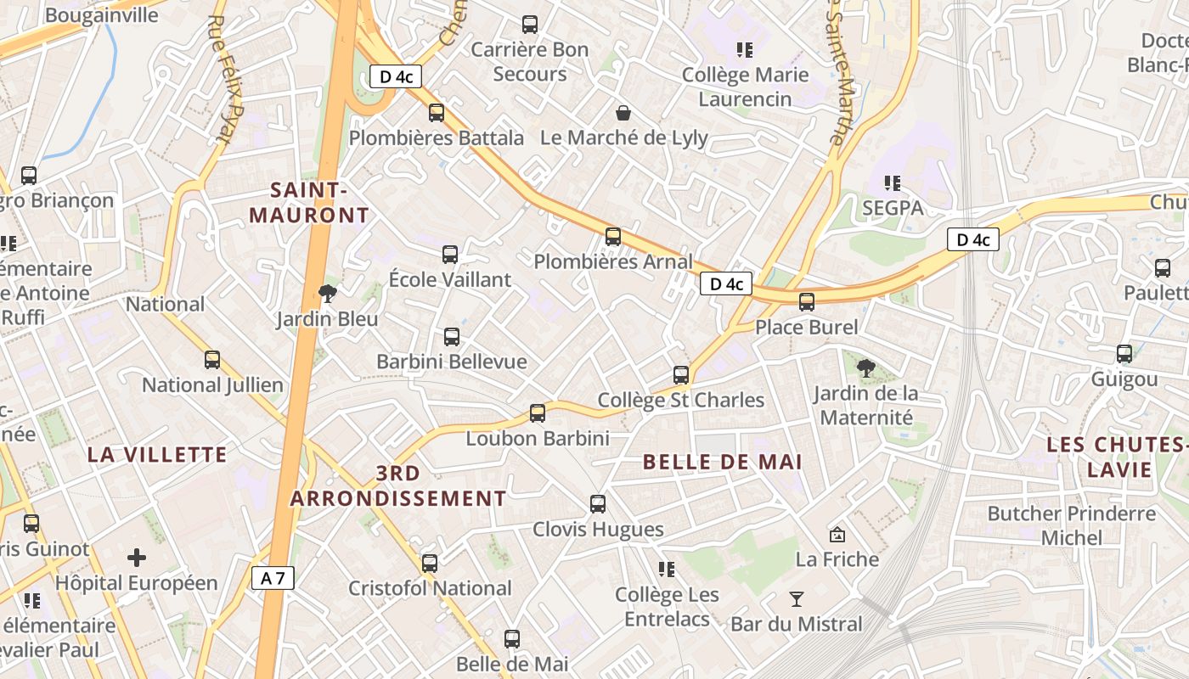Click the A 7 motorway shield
click(273, 579)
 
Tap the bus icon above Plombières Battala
click(437, 112)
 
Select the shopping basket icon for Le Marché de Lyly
click(623, 113)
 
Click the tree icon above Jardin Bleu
click(327, 294)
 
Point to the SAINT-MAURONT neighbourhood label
click(310, 202)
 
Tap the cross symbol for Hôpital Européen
click(137, 558)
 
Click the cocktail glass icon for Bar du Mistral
click(796, 599)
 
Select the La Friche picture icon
click(837, 534)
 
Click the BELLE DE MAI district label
click(723, 463)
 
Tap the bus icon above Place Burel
click(807, 301)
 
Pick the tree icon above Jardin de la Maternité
click(866, 368)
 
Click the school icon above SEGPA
click(892, 182)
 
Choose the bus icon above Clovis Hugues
click(598, 504)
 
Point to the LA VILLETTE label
click(157, 454)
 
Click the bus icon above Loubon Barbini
click(538, 413)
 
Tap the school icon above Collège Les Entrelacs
click(667, 569)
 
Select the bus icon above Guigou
click(1124, 354)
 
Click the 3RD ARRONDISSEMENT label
click(398, 485)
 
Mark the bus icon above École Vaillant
click(450, 254)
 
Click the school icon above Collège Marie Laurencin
click(745, 49)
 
